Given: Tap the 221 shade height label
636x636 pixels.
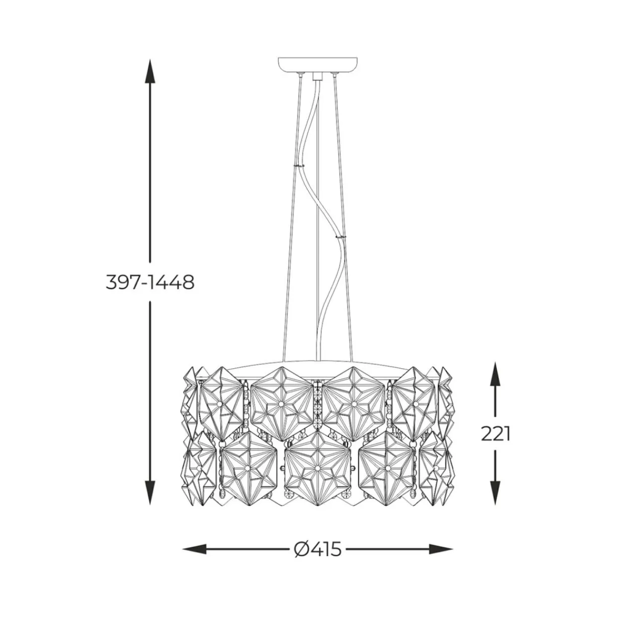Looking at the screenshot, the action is click(x=495, y=434).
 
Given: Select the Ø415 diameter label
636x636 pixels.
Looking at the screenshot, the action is click(x=318, y=550).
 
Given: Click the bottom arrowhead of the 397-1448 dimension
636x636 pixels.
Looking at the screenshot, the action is click(x=150, y=493).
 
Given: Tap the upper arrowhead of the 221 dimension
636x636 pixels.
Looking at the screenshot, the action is click(x=495, y=374).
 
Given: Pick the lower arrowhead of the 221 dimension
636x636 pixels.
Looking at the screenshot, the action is click(x=495, y=493).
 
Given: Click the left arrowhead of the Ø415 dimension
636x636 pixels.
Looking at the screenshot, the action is click(x=194, y=549).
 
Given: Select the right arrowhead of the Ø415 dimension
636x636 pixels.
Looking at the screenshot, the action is click(x=441, y=549).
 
